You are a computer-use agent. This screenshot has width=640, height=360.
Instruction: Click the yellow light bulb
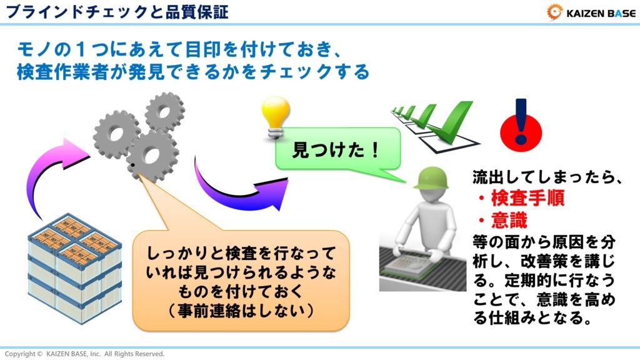[x=274, y=119]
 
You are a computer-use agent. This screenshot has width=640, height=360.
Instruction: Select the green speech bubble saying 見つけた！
[x=337, y=150]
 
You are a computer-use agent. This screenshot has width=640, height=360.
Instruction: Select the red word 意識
[x=509, y=220]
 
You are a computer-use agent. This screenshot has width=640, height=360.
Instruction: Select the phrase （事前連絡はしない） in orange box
[x=241, y=309]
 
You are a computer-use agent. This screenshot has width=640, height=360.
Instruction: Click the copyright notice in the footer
[x=84, y=354]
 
